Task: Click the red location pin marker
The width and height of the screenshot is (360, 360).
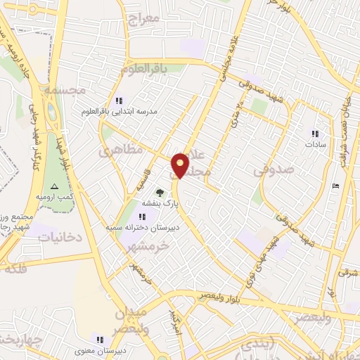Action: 181,165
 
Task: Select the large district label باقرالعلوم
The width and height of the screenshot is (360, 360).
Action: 143,69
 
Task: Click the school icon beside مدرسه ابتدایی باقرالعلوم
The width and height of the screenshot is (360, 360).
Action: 119,101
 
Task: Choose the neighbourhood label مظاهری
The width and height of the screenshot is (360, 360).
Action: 121,150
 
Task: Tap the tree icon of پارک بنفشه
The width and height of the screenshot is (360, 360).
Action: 160,192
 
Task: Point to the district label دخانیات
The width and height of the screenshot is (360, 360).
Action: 59,238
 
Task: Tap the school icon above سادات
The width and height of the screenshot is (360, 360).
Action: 315,133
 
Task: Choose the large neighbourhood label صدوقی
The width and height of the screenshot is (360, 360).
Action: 270,169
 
